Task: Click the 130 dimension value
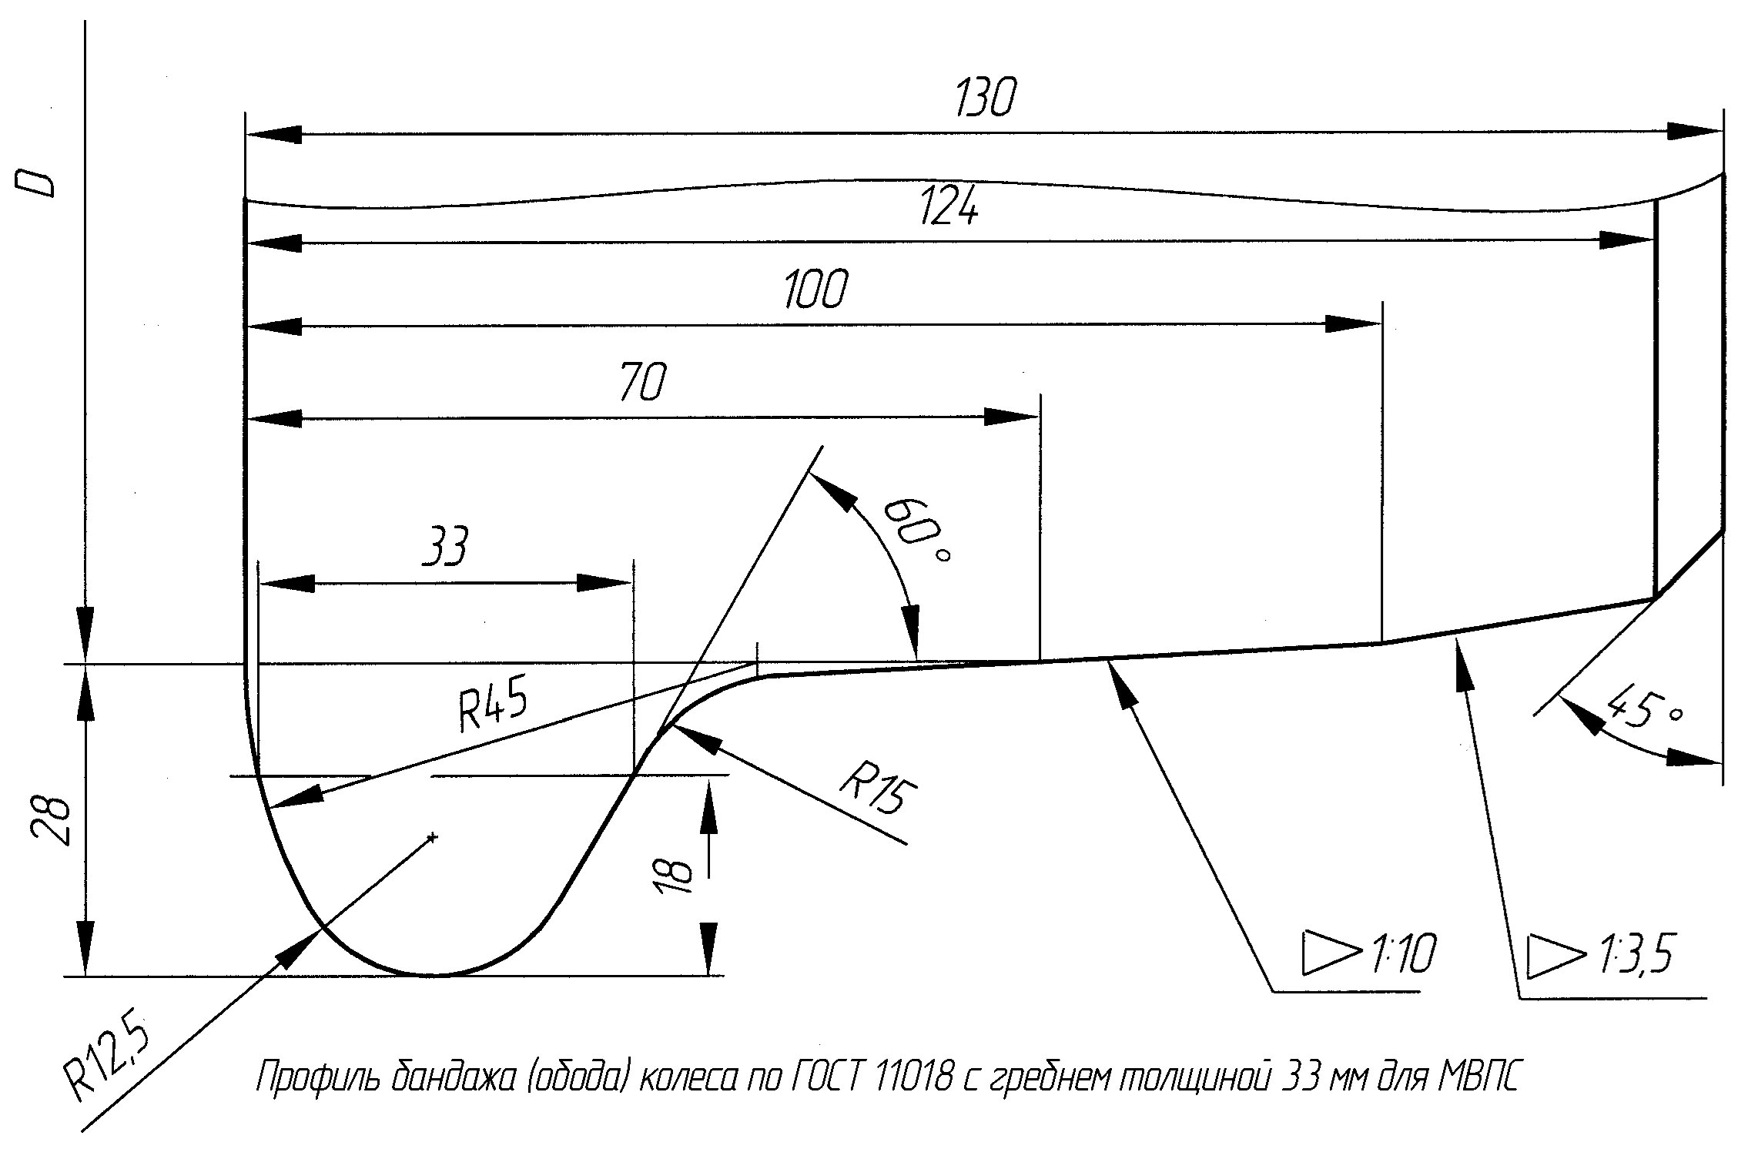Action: (x=985, y=98)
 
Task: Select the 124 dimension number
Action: (x=949, y=206)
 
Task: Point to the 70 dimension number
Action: (x=641, y=381)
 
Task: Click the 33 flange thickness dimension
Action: (x=446, y=547)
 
